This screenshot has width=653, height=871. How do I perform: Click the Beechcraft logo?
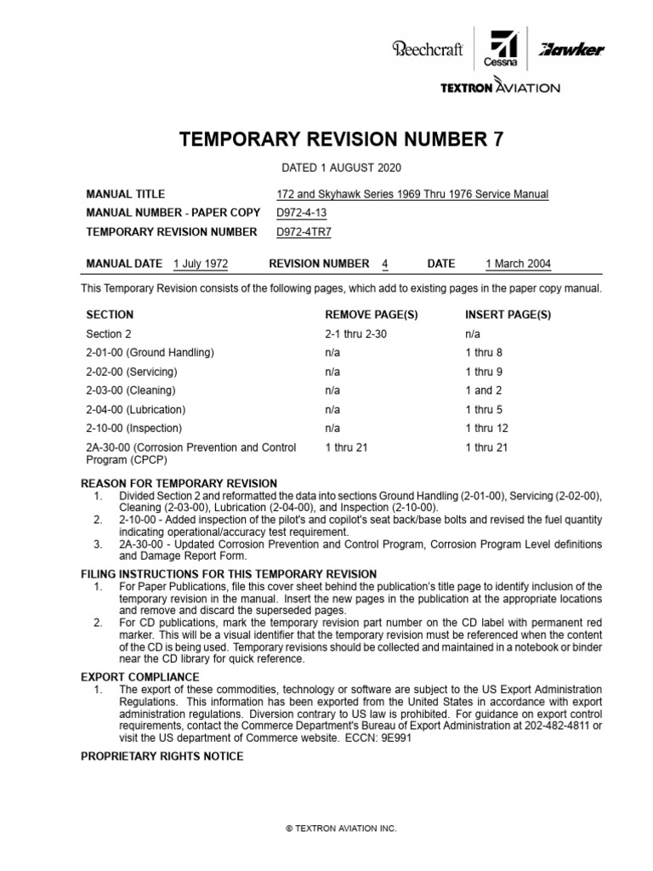click(427, 50)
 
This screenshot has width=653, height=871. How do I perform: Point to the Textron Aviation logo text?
click(499, 88)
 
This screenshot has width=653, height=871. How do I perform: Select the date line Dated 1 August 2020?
click(327, 169)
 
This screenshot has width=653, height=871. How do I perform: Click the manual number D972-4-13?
click(301, 213)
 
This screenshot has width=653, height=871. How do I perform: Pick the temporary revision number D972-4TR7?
click(303, 231)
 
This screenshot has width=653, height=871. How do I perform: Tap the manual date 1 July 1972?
click(200, 264)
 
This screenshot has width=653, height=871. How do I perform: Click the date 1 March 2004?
click(518, 264)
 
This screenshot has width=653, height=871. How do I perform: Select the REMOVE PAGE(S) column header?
click(366, 315)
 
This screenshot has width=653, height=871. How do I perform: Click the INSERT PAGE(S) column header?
click(508, 315)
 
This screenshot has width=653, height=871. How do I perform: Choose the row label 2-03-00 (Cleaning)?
click(131, 390)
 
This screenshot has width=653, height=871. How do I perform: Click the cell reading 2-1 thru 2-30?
click(350, 334)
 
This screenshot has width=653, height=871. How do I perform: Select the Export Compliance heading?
click(139, 677)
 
